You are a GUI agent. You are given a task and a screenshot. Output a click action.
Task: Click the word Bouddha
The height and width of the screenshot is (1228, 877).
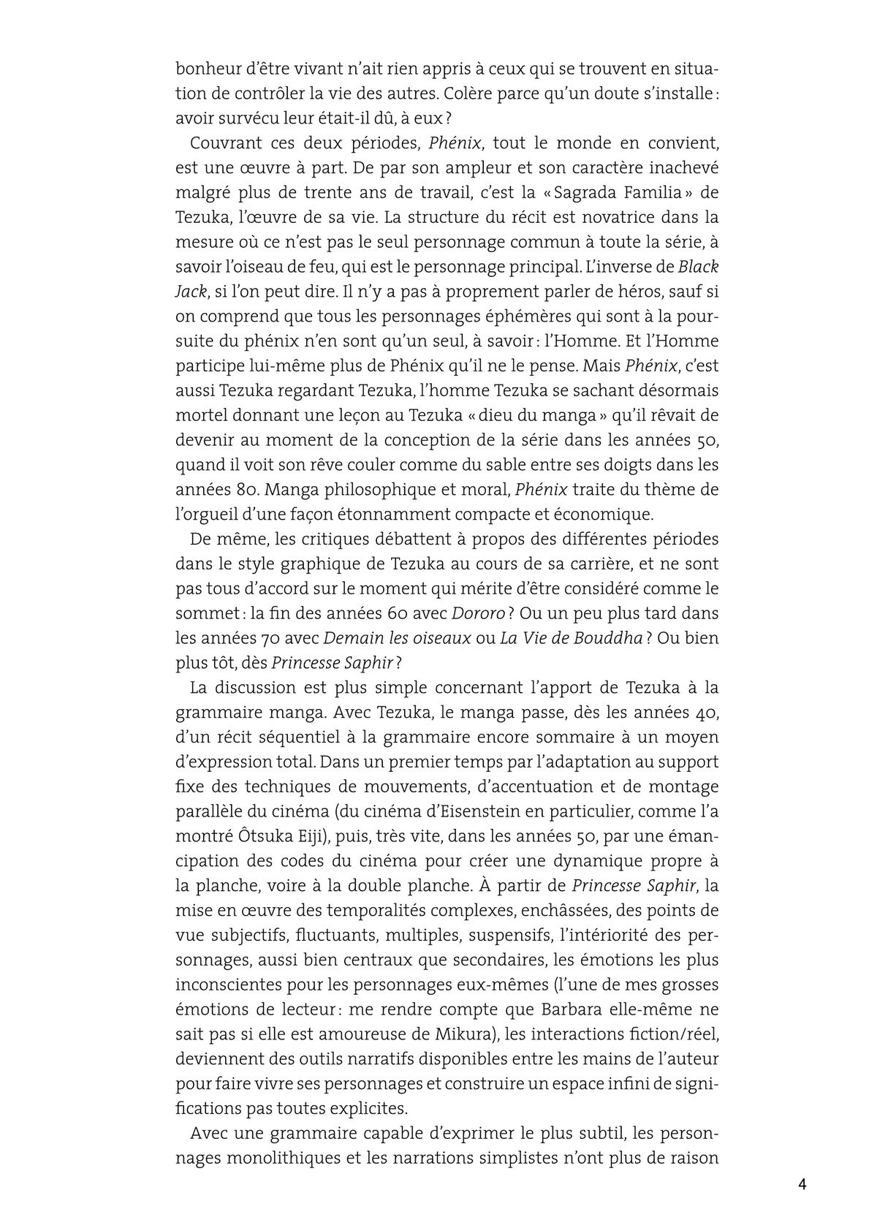click(x=608, y=637)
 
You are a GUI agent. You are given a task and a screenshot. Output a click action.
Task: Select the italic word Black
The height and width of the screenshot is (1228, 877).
click(x=699, y=267)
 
